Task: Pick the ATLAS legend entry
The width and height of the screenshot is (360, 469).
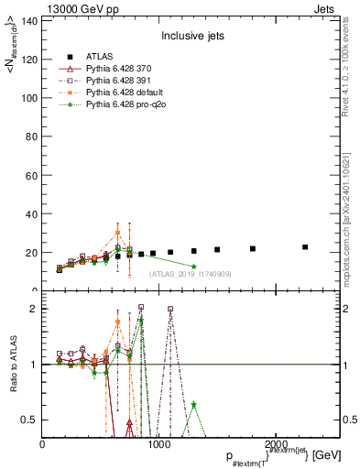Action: click(99, 57)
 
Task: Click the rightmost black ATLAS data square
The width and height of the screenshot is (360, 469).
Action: click(305, 247)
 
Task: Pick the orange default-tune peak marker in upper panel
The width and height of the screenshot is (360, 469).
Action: click(117, 233)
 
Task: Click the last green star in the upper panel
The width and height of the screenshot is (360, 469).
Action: click(193, 267)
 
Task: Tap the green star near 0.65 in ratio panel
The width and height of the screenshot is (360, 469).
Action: click(193, 405)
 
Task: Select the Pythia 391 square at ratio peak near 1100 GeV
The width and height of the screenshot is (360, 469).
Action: click(170, 310)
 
